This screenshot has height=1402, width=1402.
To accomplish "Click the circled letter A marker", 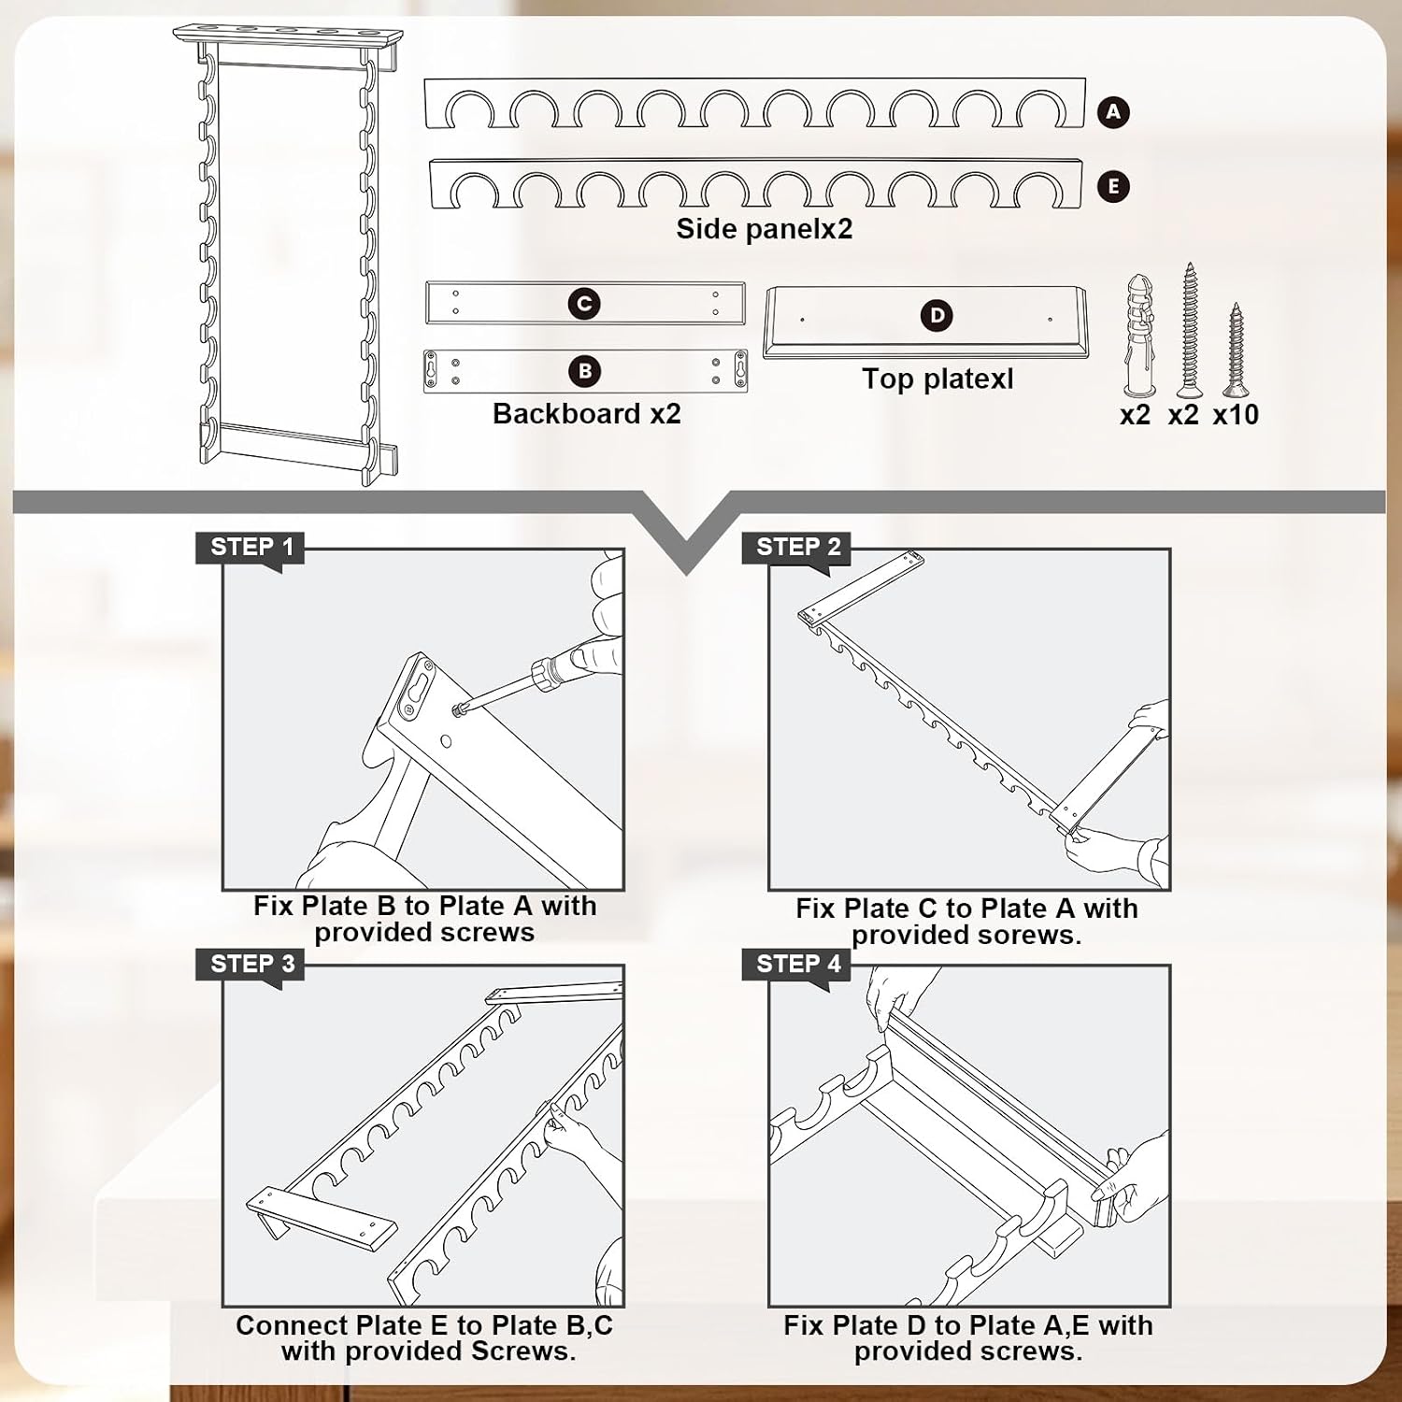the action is click(x=1112, y=112).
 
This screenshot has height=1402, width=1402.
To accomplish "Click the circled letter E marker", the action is click(x=1112, y=186).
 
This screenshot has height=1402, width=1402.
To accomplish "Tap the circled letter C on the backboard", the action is click(x=584, y=304).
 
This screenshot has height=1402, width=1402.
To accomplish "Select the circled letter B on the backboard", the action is click(x=584, y=371).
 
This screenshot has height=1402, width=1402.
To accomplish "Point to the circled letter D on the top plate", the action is click(x=937, y=316).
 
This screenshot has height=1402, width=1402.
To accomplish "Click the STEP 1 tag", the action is click(x=250, y=549).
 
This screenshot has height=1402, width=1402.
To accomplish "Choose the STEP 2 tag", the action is click(x=796, y=549).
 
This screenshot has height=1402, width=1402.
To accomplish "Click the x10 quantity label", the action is click(x=1236, y=414).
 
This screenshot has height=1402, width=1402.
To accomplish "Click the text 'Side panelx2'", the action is click(x=765, y=229).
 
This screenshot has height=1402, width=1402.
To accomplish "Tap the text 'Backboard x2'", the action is click(x=587, y=413).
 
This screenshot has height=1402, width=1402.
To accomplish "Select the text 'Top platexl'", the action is click(x=937, y=379).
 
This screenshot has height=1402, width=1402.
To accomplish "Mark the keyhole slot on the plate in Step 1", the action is click(x=417, y=692).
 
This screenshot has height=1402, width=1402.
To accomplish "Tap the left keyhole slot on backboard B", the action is click(x=431, y=371).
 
